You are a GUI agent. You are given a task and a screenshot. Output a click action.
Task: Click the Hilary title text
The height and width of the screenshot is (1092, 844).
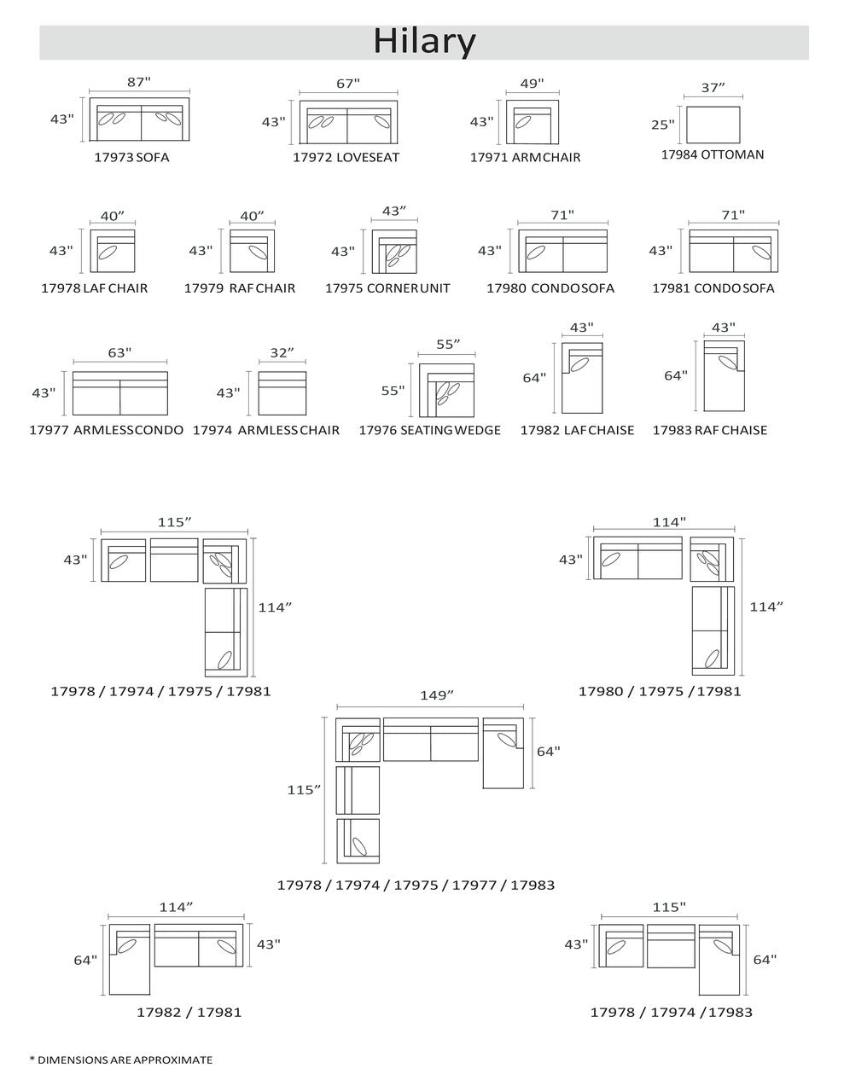[424, 42]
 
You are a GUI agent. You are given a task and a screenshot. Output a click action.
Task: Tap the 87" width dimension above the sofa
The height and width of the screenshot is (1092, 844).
[139, 82]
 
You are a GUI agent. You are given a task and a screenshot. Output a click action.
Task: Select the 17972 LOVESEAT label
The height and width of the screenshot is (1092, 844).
[346, 157]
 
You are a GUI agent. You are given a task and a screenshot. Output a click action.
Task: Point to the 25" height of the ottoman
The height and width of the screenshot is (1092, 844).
[662, 124]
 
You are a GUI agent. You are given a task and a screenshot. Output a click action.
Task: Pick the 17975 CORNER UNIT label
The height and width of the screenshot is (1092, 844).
[387, 288]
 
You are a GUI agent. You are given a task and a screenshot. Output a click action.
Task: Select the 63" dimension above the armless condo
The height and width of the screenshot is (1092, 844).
[119, 353]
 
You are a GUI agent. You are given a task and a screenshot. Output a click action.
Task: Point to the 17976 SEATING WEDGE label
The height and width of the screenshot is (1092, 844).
[430, 430]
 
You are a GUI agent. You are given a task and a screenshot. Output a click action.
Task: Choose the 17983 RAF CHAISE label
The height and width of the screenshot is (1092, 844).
[710, 430]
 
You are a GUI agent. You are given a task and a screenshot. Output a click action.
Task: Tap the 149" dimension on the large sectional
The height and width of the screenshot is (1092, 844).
[437, 695]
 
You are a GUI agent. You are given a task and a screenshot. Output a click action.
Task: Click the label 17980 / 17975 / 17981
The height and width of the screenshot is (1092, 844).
[660, 692]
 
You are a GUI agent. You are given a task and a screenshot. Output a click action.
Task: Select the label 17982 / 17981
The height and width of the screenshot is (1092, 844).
[189, 1012]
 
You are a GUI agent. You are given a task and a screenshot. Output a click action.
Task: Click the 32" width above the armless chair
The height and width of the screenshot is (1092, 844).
[282, 353]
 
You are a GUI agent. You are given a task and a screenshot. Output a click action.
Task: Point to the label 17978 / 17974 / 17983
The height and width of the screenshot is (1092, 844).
[671, 1012]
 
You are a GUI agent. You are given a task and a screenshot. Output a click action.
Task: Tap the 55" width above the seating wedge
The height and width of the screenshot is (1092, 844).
[448, 344]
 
